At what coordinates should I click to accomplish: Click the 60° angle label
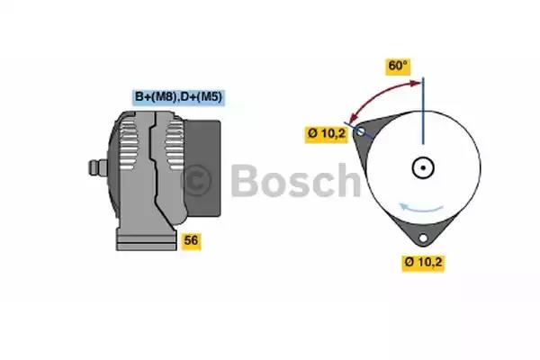pos(398,66)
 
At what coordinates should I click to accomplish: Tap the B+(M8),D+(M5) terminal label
pos(178,97)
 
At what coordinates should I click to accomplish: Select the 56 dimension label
pos(191,240)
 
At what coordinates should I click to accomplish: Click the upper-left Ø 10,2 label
pos(327,133)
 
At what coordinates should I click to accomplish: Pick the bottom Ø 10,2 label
pos(423,262)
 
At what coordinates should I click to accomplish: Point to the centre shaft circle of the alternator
pos(423,167)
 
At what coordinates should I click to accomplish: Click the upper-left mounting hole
pos(361,130)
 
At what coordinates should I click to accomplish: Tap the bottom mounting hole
pos(423,238)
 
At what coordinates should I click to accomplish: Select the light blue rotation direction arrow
pos(420,208)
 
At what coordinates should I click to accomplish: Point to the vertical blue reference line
pos(423,111)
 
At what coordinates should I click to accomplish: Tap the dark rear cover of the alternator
pos(202,168)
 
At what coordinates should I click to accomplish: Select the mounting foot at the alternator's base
pos(147,238)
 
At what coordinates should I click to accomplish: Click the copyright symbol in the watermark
pos(195,180)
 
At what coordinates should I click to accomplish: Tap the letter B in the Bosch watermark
pos(245,180)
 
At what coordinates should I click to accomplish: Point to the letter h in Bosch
pos(348,179)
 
